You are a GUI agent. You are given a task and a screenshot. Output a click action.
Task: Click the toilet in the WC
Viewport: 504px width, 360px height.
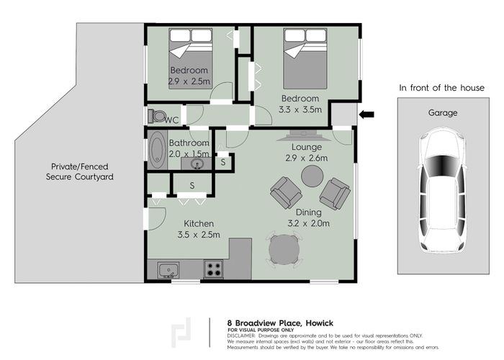(x=156, y=116)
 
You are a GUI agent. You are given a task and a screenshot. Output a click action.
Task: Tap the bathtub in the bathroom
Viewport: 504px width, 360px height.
(x=158, y=150)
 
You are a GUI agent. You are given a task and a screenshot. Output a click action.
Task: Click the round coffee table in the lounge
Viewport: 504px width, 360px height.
(x=312, y=176)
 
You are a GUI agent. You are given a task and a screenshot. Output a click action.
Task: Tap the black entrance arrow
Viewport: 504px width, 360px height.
(x=367, y=114)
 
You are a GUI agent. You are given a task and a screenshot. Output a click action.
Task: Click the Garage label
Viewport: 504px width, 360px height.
(x=443, y=113)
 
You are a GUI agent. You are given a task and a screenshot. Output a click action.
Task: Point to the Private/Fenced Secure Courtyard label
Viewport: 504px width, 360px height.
(x=80, y=171)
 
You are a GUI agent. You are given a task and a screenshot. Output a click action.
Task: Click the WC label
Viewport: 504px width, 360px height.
(x=172, y=120)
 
